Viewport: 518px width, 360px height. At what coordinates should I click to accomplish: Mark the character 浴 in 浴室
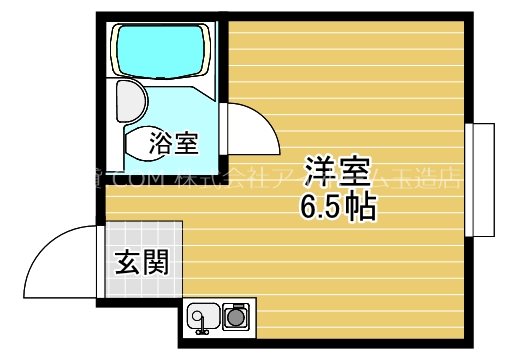coord(160,143)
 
